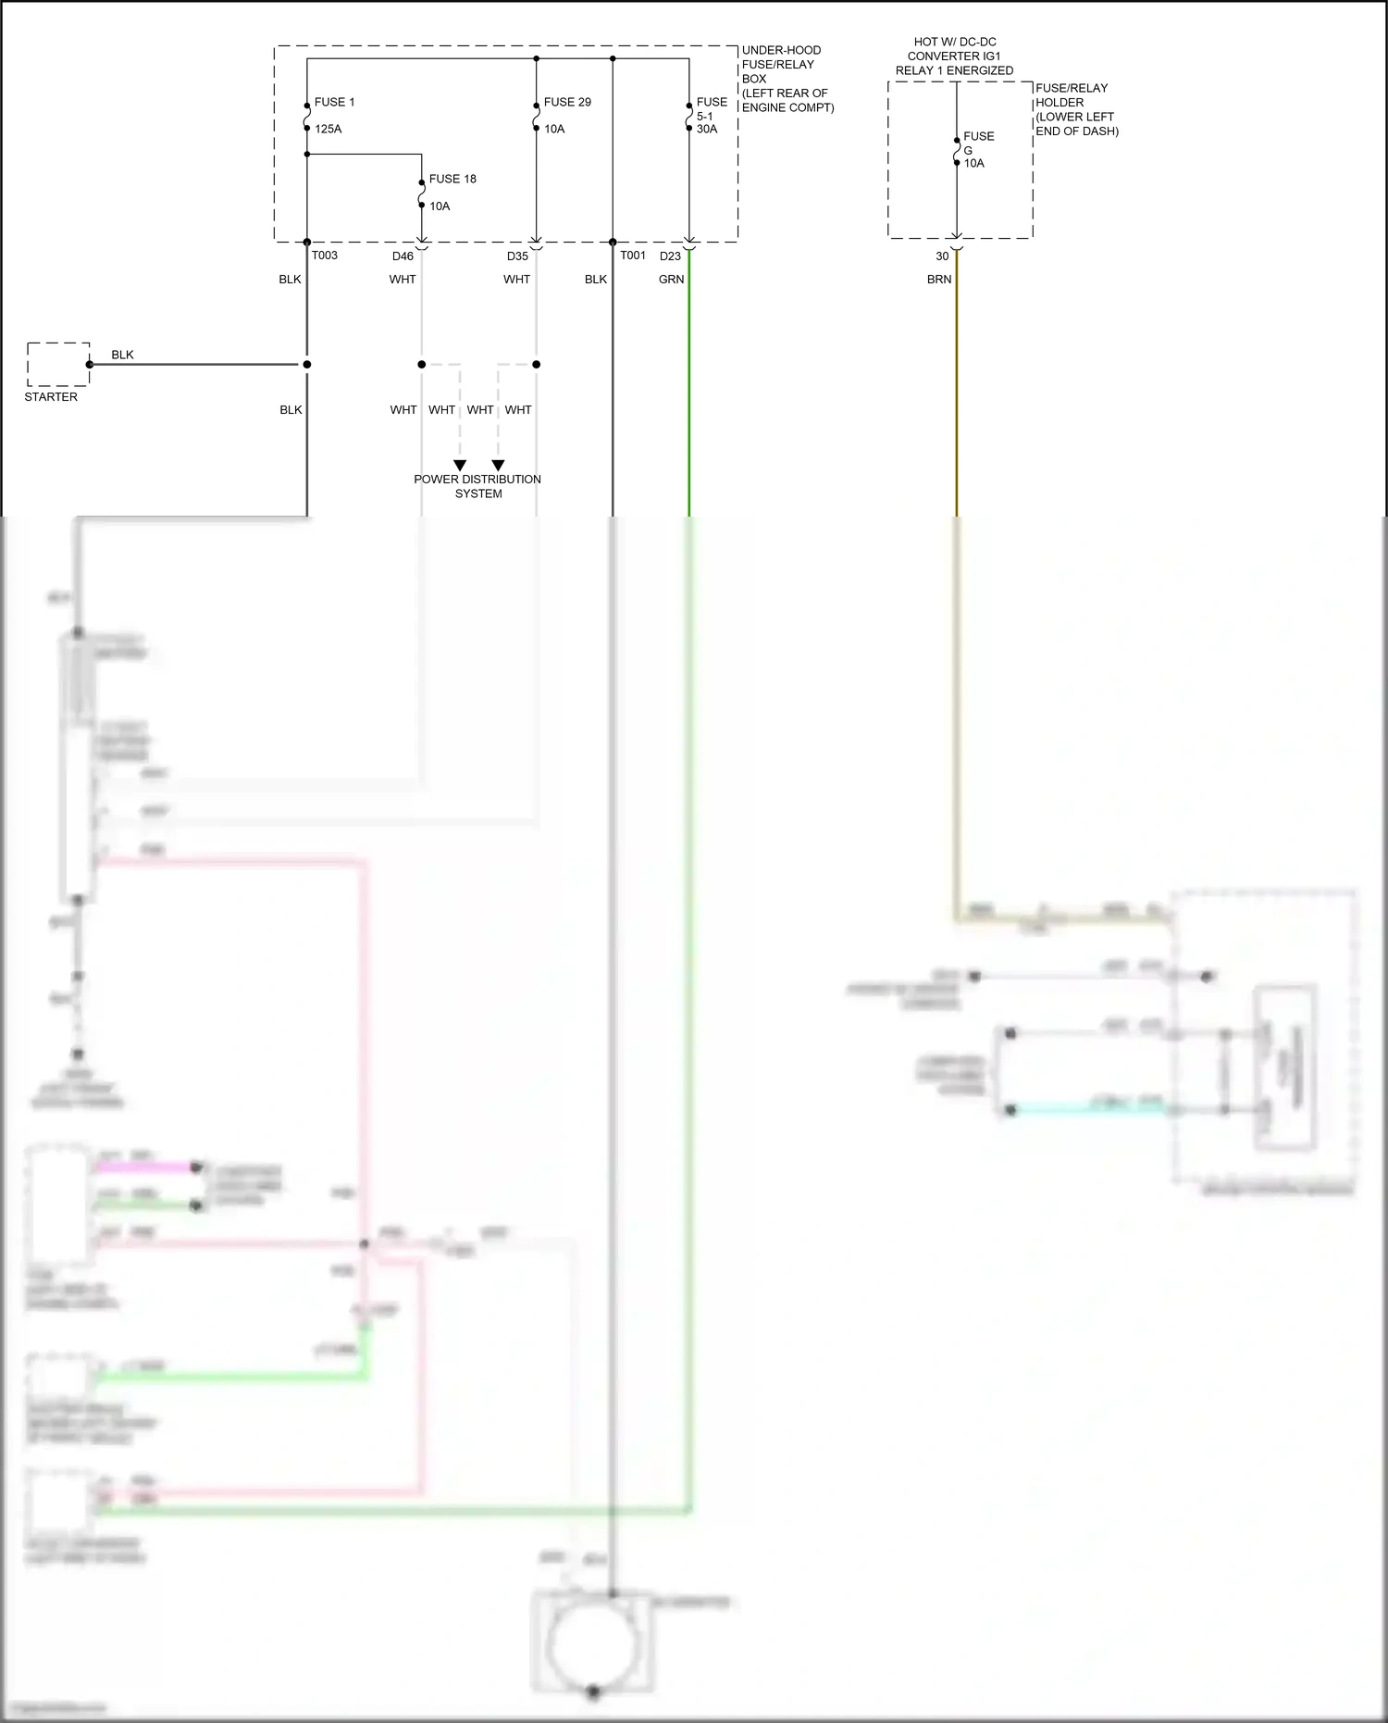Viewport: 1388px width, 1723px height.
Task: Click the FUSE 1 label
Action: click(x=334, y=102)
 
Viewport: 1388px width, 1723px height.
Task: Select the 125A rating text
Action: click(x=328, y=129)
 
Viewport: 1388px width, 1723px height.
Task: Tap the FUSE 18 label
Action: click(x=452, y=179)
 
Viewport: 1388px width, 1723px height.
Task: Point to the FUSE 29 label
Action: click(x=567, y=102)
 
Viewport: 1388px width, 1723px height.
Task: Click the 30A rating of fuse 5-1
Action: click(x=707, y=129)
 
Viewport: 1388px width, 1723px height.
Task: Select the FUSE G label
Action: click(x=978, y=143)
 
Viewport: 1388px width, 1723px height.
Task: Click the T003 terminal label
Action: click(x=324, y=256)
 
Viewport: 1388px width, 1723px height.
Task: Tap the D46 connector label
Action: click(x=403, y=256)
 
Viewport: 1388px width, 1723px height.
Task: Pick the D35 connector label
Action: click(x=517, y=256)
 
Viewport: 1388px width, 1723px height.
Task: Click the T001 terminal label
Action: click(x=632, y=256)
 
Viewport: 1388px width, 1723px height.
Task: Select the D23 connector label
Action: click(x=670, y=256)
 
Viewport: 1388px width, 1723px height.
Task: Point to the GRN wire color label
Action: click(x=671, y=280)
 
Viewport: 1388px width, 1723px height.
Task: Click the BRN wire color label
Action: click(x=939, y=280)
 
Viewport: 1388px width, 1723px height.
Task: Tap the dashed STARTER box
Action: click(x=57, y=364)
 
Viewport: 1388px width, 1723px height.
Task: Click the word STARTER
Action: click(x=51, y=397)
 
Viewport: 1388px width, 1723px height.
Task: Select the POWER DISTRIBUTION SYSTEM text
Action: click(x=477, y=486)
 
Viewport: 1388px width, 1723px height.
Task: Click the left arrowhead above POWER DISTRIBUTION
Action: click(x=460, y=466)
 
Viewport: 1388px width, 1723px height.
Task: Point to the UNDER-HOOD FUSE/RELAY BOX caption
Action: click(x=787, y=79)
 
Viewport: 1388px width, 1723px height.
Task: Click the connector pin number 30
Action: click(x=942, y=256)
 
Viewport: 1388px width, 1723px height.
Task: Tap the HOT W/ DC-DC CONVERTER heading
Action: click(x=954, y=56)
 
